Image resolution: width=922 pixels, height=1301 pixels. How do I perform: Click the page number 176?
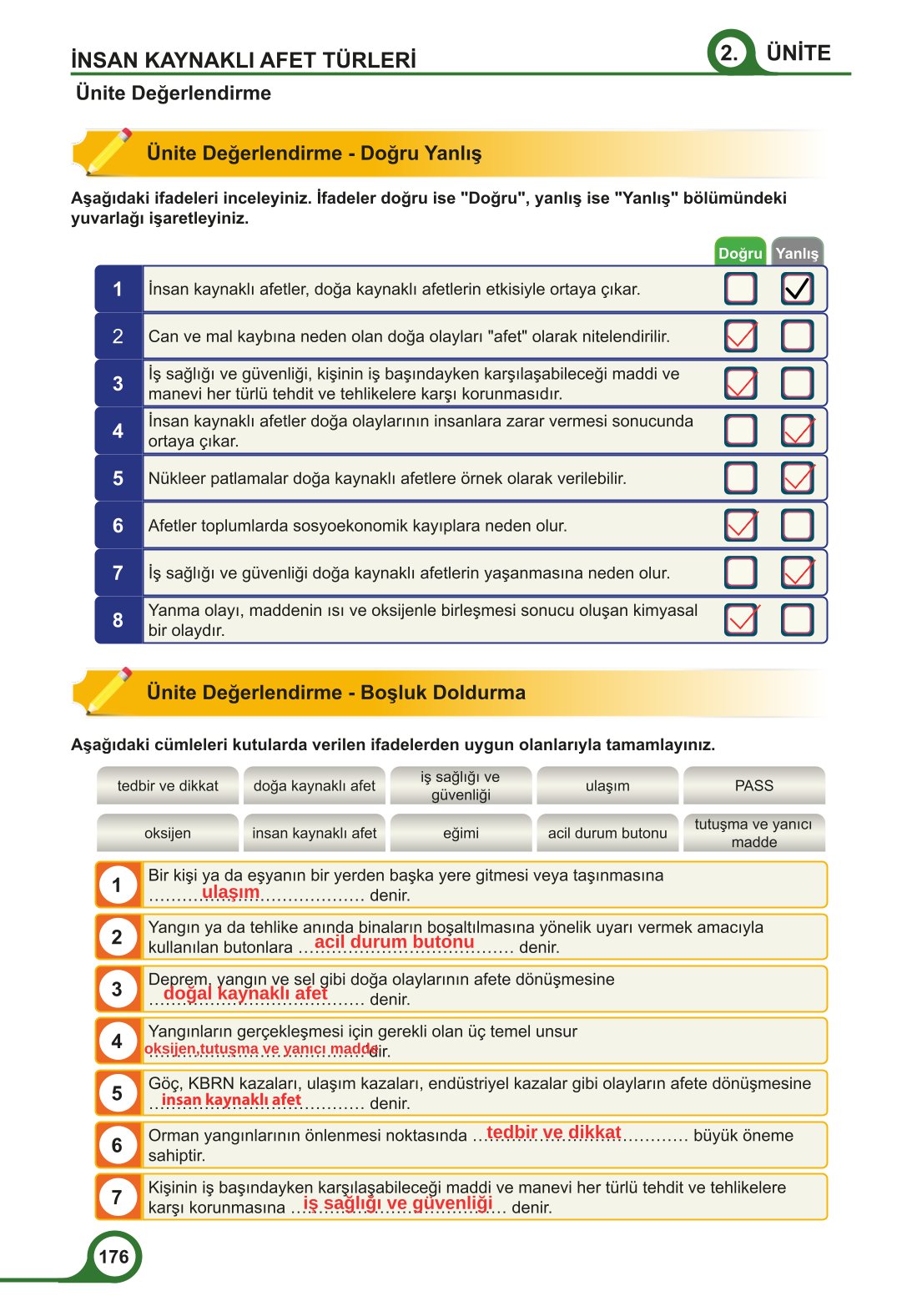pos(113,1257)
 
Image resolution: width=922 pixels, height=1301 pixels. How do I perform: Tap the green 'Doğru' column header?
pos(740,253)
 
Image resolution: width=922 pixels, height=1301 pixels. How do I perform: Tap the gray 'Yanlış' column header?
pos(797,253)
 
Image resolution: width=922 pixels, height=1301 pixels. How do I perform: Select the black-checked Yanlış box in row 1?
pos(797,289)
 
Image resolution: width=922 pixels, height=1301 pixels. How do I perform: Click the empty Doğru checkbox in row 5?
pos(740,478)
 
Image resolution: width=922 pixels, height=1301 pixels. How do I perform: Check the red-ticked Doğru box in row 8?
pos(740,619)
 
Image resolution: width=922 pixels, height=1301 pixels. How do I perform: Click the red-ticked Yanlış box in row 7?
pos(797,572)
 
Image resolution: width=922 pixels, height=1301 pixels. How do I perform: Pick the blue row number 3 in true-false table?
pos(118,384)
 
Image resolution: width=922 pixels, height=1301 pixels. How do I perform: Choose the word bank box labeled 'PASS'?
pos(753,785)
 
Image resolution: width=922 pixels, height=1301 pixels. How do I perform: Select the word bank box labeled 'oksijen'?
pos(168,833)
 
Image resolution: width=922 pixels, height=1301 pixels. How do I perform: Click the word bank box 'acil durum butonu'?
pos(607,833)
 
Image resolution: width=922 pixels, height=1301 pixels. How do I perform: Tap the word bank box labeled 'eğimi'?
pos(461,833)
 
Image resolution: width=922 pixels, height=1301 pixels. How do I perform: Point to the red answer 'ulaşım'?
pos(230,892)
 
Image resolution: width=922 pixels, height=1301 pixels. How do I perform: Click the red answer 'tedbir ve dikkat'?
pos(553,1132)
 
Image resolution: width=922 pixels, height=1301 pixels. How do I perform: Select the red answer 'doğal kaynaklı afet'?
pos(245,993)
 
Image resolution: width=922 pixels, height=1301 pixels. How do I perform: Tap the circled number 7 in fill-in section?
pos(117,1198)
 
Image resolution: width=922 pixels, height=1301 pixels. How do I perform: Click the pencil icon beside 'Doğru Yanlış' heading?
pos(107,152)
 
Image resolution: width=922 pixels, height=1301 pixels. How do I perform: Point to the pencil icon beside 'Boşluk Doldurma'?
pos(107,691)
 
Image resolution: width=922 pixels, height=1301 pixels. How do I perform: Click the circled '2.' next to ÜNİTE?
pos(729,53)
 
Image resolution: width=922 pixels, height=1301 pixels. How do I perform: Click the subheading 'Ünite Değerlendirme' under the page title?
pos(174,93)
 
